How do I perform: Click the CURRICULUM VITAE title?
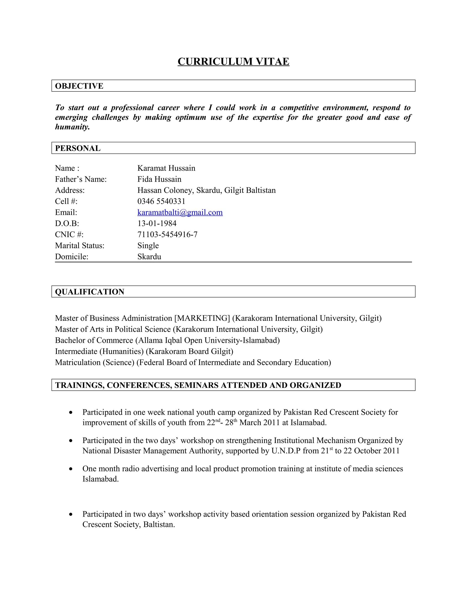point(233,61)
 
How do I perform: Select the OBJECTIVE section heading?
point(79,86)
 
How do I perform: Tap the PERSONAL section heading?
point(78,148)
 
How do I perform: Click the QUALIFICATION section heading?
point(90,292)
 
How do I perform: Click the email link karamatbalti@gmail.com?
point(180,212)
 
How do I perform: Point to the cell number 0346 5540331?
point(161,201)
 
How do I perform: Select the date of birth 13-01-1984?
point(157,223)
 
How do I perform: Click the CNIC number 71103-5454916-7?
point(167,235)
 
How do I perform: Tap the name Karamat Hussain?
point(166,168)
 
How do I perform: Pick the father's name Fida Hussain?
point(159,179)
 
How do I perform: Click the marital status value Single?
point(148,245)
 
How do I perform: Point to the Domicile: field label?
point(71,257)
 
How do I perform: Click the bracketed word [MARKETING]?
point(202,318)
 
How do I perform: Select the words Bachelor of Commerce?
point(94,341)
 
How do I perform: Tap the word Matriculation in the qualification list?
point(78,363)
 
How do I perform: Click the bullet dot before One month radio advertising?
point(71,469)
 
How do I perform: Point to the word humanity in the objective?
point(72,127)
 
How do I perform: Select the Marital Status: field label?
point(80,245)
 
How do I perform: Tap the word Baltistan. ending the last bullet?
point(159,525)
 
